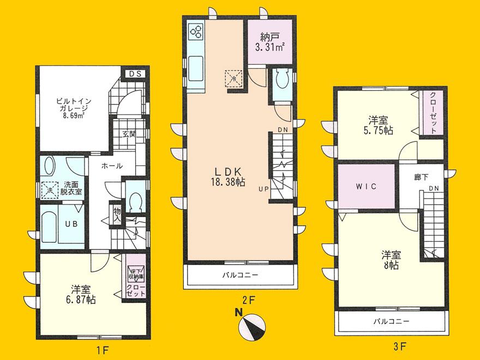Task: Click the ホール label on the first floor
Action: coord(111,166)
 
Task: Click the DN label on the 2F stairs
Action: coord(283,129)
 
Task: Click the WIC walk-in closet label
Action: coord(365,186)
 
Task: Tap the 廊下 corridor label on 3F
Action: coord(421,178)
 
